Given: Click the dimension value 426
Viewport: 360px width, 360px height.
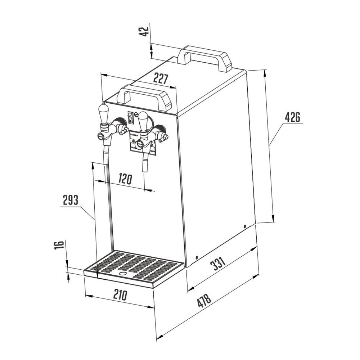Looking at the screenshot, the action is (292, 117).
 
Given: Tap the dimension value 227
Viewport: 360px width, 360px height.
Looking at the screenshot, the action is (161, 78).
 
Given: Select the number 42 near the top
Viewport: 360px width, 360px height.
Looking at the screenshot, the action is (144, 31).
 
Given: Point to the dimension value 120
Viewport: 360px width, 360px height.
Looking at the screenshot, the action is (125, 179).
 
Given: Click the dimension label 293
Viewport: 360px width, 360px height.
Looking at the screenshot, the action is (71, 200).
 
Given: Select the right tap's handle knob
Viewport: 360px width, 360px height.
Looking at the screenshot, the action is (143, 121).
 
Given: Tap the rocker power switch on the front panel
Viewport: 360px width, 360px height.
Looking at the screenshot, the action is (131, 118).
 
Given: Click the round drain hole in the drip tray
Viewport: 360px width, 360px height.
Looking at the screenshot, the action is (123, 274).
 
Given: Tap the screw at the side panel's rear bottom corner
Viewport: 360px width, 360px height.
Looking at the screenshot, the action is (245, 226).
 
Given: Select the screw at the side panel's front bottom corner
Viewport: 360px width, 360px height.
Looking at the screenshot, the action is (197, 257).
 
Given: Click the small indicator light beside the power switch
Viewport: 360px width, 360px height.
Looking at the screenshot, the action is (136, 114).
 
